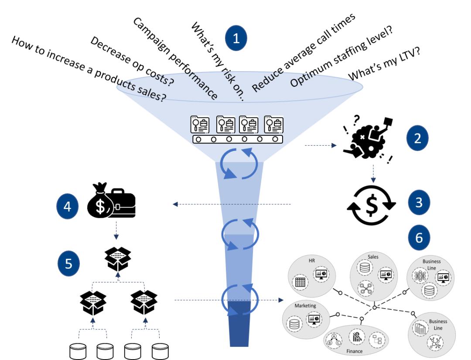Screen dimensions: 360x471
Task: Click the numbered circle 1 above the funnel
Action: (x=236, y=38)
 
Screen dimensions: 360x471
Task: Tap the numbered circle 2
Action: (x=417, y=138)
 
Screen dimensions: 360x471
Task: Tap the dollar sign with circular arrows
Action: (x=371, y=205)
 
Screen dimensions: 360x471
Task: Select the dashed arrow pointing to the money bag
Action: (x=231, y=204)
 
